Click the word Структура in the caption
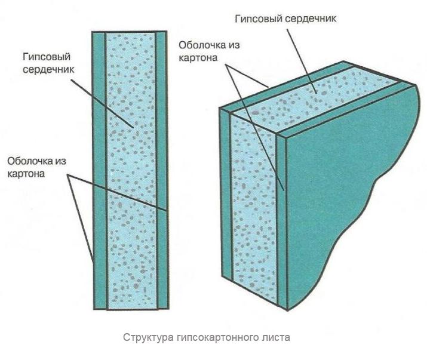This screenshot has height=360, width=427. (148, 337)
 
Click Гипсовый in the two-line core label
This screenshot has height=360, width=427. (47, 57)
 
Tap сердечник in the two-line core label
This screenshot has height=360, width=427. (48, 69)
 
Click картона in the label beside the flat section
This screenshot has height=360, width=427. (26, 174)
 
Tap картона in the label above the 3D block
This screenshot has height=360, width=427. (198, 58)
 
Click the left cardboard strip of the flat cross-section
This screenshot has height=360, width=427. (99, 171)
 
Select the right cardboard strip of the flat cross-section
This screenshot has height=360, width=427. (162, 171)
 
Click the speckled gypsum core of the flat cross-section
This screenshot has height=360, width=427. (131, 171)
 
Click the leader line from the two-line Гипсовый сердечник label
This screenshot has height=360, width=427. (102, 104)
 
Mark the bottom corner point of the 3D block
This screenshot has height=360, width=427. (287, 310)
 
